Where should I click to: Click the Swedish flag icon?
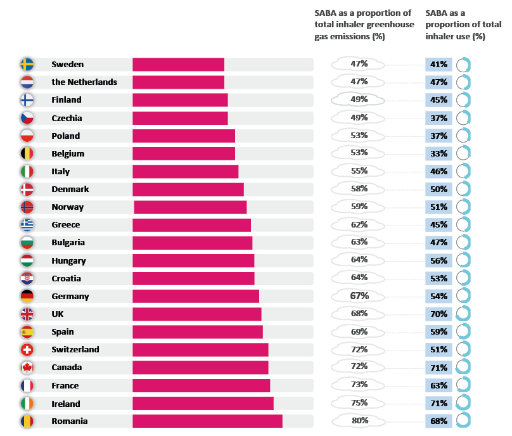click(27, 64)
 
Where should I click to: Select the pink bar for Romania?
click(207, 421)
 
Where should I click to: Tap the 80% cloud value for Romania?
click(359, 421)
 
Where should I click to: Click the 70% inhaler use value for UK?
click(440, 314)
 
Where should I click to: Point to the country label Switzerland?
click(75, 349)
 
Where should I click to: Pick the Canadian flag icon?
click(27, 368)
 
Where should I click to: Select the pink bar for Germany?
click(195, 296)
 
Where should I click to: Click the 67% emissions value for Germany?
click(359, 296)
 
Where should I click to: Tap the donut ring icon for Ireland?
click(463, 404)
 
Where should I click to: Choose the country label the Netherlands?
click(84, 82)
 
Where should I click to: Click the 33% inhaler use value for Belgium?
click(440, 153)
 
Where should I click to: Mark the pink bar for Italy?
click(185, 171)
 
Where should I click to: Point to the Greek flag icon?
click(27, 224)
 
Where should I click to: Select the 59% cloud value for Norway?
click(359, 207)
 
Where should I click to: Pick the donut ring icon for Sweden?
click(463, 64)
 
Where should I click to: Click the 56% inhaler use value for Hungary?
click(440, 260)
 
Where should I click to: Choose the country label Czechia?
click(67, 118)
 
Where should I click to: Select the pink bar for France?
click(201, 385)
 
